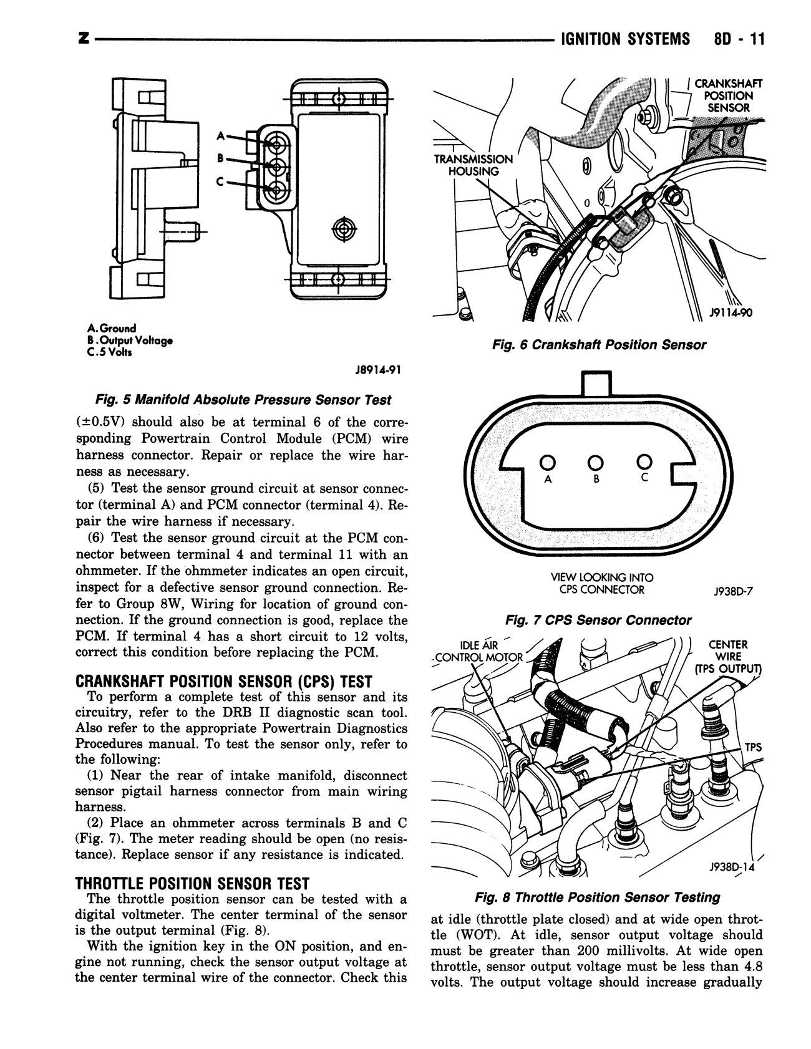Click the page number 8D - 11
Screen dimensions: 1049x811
pyautogui.click(x=736, y=39)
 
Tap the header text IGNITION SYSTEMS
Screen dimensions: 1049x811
pyautogui.click(x=626, y=39)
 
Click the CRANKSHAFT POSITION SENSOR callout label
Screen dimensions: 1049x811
pyautogui.click(x=727, y=95)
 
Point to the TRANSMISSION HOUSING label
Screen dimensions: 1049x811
pyautogui.click(x=473, y=165)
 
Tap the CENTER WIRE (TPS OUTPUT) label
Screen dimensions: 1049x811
pyautogui.click(x=728, y=657)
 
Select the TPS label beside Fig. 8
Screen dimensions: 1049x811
pyautogui.click(x=753, y=747)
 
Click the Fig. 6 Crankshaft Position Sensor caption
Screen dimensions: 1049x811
pyautogui.click(x=598, y=345)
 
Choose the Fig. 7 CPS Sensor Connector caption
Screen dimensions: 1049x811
pyautogui.click(x=598, y=620)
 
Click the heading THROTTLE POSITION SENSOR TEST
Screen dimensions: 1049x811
pyautogui.click(x=192, y=883)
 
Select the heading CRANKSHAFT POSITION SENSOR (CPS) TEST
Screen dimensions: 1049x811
pyautogui.click(x=223, y=681)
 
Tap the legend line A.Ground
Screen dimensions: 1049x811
pyautogui.click(x=112, y=328)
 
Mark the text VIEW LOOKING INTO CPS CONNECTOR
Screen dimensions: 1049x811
pyautogui.click(x=598, y=584)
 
